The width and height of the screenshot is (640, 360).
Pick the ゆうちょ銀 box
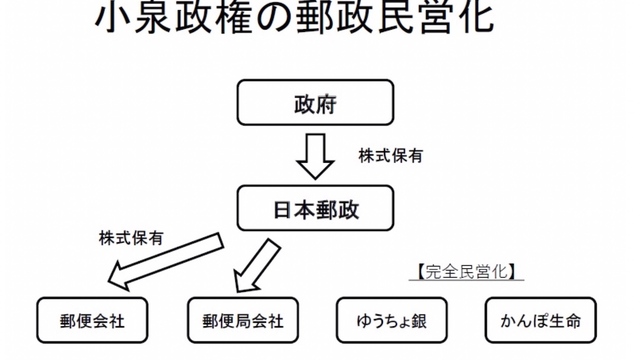pos(390,322)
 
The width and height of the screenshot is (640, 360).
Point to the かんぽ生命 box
pos(540,322)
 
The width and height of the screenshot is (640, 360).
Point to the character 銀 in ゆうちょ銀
pos(421,322)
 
